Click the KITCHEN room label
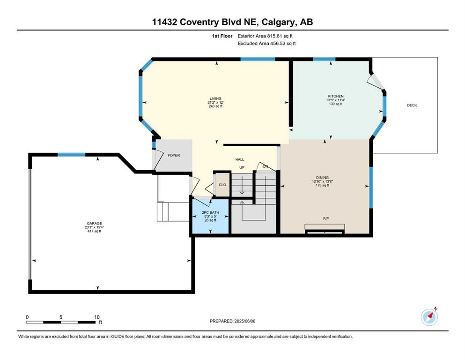pos(336,96)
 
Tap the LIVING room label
pos(215,98)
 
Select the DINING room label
pos(322,178)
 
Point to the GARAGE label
pos(94,224)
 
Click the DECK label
pos(412,105)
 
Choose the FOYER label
pos(174,155)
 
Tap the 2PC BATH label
pos(211,212)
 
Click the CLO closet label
pos(222,185)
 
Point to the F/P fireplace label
pos(326,218)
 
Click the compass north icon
pos(429,317)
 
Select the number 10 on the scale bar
pos(96,317)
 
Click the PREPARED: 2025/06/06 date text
pos(232,321)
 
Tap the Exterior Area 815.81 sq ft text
pos(265,36)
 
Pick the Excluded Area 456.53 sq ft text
pos(266,43)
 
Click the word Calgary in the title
pos(279,22)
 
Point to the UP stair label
pos(242,167)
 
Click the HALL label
pos(240,159)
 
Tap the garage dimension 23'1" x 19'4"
pos(94,227)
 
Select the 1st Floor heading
pos(222,36)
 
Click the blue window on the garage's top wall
pos(72,155)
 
